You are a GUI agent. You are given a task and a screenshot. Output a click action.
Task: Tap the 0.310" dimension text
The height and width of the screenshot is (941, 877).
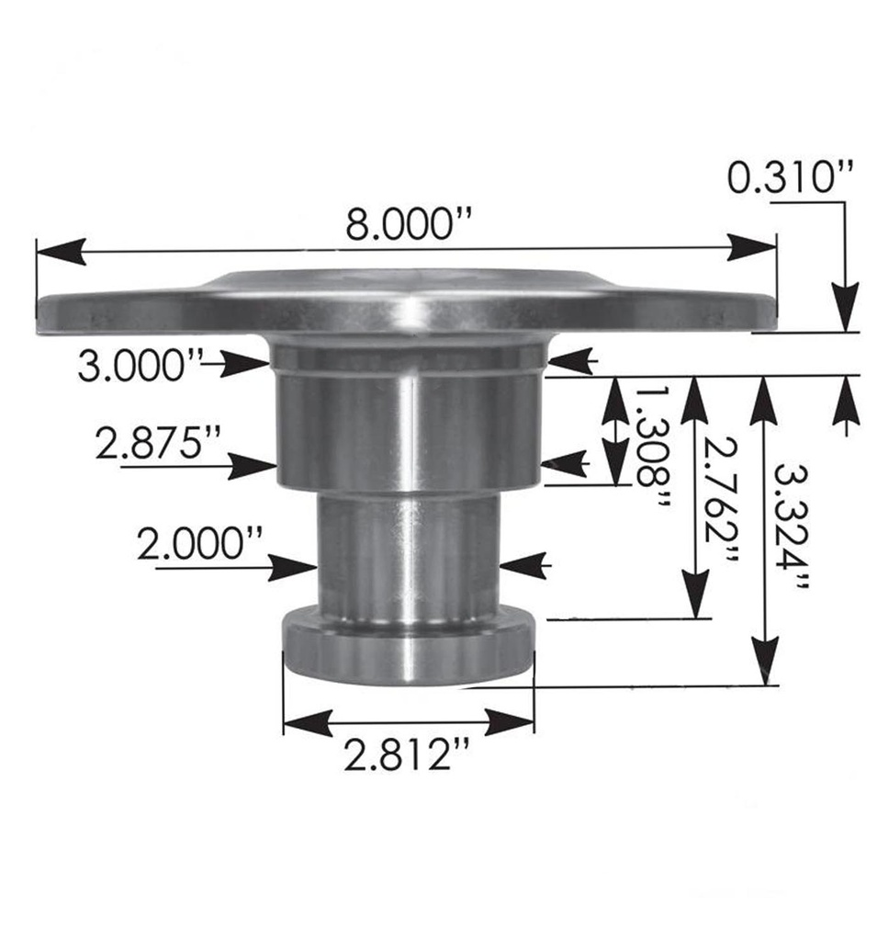click(790, 177)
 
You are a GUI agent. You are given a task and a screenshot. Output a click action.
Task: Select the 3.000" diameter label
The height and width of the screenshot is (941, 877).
click(139, 367)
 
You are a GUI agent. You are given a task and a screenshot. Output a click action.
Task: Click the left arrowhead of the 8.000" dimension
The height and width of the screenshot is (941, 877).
click(61, 251)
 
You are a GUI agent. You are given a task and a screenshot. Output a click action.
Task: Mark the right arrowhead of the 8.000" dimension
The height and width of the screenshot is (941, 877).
click(751, 247)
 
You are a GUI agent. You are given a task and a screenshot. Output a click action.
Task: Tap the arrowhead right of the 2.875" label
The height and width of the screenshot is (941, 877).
click(253, 466)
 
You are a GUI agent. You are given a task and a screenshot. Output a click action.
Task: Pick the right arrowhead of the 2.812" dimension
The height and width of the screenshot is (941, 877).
click(510, 722)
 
